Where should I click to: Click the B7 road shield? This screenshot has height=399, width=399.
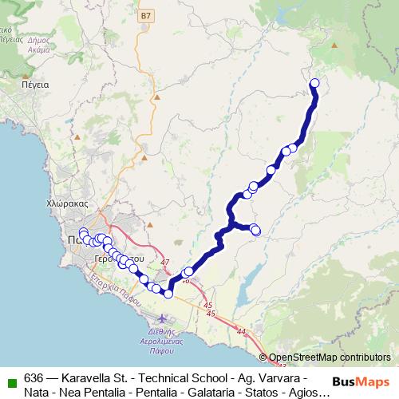pyautogui.click(x=144, y=15)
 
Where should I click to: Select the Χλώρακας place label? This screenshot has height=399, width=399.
pyautogui.click(x=67, y=204)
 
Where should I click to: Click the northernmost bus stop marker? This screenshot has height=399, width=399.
pyautogui.click(x=314, y=83)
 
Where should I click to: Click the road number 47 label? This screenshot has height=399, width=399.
pyautogui.click(x=165, y=262)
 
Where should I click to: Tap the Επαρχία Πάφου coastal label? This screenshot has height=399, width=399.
pyautogui.click(x=112, y=294)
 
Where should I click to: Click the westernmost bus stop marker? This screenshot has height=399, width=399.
pyautogui.click(x=83, y=232)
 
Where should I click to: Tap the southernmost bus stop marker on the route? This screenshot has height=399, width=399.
pyautogui.click(x=168, y=294)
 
